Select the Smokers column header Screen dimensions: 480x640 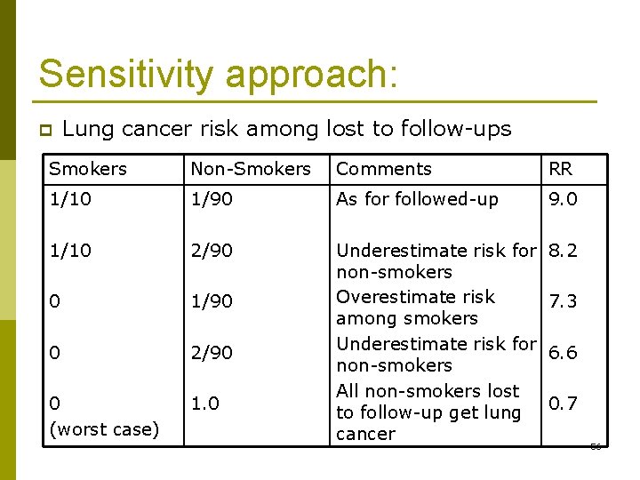click(x=88, y=169)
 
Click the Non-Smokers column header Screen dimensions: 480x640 click(x=251, y=169)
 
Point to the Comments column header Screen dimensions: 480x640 click(x=384, y=169)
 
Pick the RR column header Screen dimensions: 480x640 click(x=561, y=169)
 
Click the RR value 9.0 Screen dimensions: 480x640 click(x=563, y=199)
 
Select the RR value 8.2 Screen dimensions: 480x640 click(x=563, y=251)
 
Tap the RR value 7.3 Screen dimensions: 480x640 click(x=563, y=301)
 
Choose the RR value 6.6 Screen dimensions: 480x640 click(x=563, y=353)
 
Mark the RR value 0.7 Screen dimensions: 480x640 click(x=563, y=404)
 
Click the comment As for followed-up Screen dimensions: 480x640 click(x=417, y=199)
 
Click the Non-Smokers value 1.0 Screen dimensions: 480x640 click(x=205, y=404)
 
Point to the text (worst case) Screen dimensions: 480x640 click(x=104, y=429)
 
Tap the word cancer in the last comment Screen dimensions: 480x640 click(x=365, y=434)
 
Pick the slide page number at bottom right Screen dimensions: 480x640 click(x=596, y=446)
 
